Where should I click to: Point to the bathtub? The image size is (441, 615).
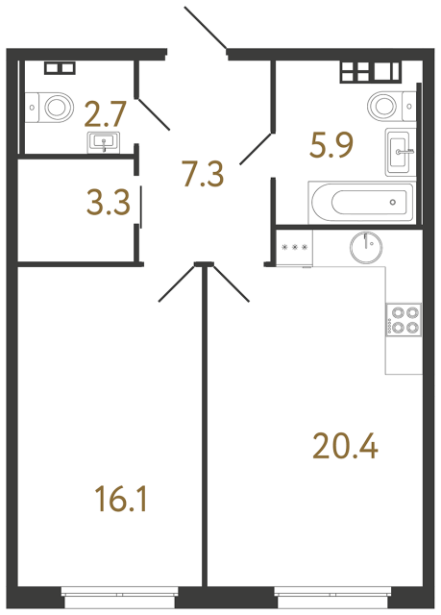click(x=357, y=202)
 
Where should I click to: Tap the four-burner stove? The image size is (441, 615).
click(x=403, y=319)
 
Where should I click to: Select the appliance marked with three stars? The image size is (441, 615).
click(x=294, y=248)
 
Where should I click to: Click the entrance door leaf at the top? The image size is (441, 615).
click(x=205, y=28)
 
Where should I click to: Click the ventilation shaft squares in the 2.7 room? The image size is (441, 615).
click(x=60, y=68)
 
